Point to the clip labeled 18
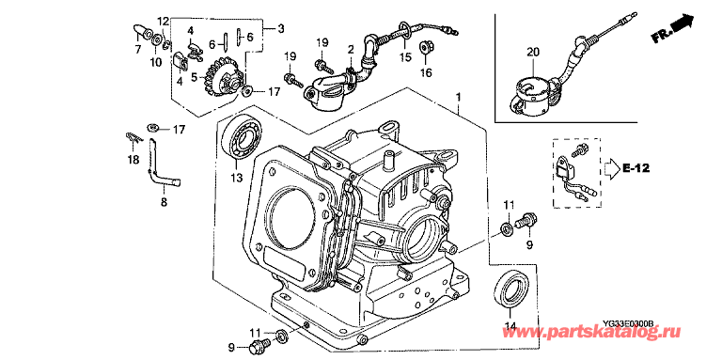tap(133, 137)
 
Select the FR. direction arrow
tap(673, 28)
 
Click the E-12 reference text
tap(636, 168)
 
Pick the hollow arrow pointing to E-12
tap(612, 168)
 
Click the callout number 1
tap(458, 97)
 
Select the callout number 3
tap(280, 29)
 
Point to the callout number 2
tap(351, 48)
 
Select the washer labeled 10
tap(157, 39)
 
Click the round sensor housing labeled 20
tap(529, 95)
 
